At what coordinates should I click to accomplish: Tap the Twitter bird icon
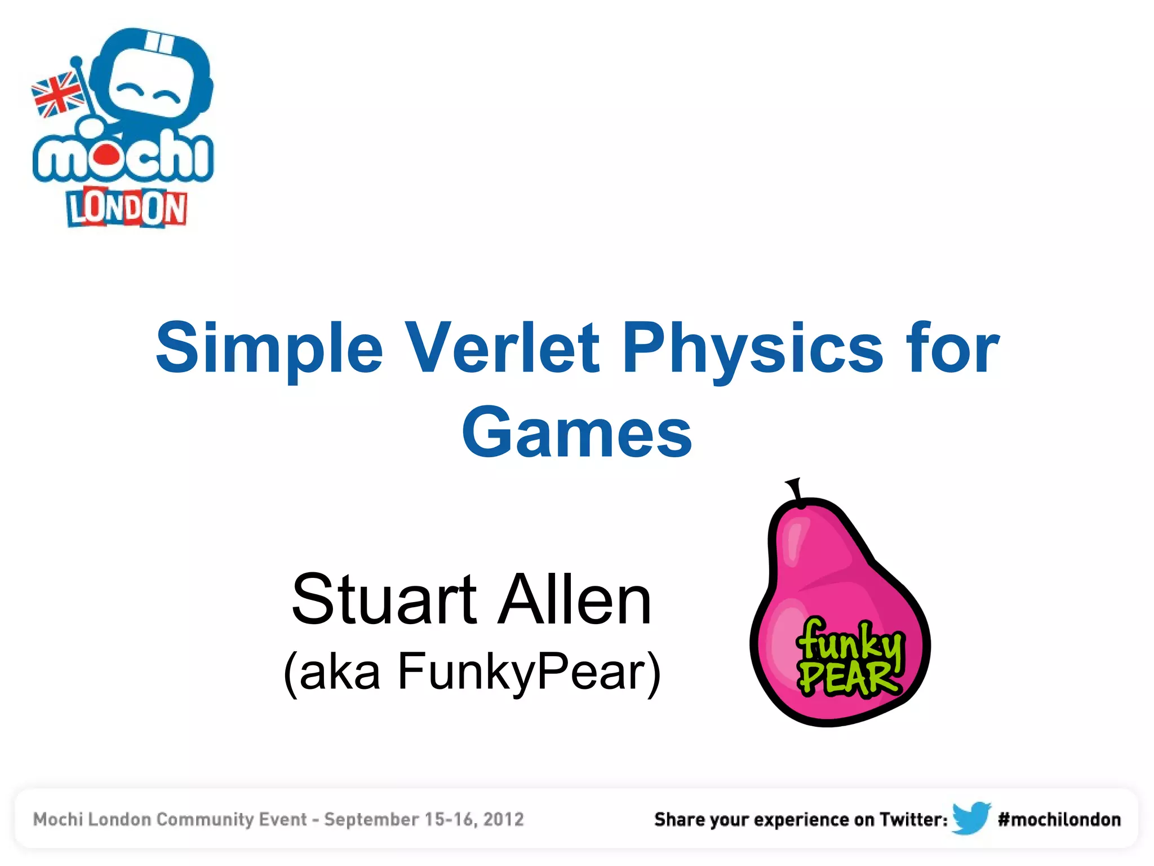971,818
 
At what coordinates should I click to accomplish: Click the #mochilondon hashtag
1059,819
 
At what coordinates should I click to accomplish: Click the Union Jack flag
58,95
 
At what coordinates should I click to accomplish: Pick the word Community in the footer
231,819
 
